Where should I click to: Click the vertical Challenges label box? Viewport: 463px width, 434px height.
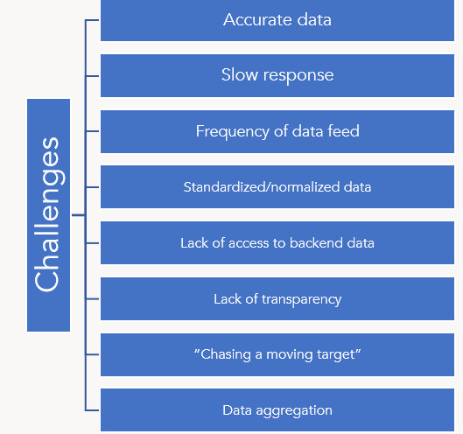48,215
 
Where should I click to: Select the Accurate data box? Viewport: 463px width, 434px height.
277,20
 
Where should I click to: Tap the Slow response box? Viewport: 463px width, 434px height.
277,75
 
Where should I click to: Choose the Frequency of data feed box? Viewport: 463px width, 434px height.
277,131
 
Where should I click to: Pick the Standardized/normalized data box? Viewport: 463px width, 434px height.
277,187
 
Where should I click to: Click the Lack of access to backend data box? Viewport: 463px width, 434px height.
277,242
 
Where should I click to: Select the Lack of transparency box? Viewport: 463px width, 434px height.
277,298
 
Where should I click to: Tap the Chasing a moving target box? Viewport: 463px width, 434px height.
277,354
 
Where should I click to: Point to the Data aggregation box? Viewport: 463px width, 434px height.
277,409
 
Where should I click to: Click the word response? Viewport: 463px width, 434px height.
298,76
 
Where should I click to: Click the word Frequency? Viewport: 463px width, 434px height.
233,132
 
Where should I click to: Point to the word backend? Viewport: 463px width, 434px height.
316,242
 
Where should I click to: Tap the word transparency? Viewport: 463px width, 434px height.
301,299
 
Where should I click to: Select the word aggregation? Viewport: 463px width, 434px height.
294,411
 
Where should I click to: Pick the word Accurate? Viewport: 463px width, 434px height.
258,20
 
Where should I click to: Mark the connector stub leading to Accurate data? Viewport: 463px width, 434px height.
92,20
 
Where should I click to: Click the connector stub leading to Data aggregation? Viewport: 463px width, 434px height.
92,410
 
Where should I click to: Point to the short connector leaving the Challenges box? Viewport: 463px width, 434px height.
79,215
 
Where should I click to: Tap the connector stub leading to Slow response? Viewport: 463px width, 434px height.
92,76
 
